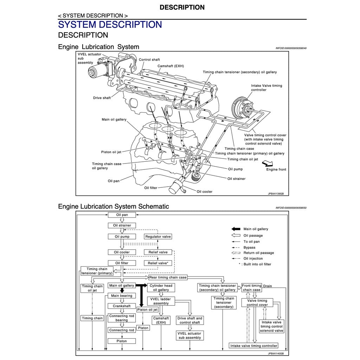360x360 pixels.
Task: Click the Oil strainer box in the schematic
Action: tap(122, 225)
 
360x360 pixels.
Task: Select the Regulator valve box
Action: tap(158, 237)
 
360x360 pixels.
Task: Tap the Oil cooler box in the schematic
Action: tap(122, 252)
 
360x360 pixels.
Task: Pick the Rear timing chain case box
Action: tap(168, 277)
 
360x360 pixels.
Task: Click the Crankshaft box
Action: tap(122, 306)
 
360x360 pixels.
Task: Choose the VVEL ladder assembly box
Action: tap(161, 301)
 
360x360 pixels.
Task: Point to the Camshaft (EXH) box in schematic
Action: tap(161, 320)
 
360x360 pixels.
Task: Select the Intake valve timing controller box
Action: tap(254, 346)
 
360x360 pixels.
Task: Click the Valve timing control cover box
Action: tap(257, 303)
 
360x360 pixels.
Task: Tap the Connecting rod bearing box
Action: tap(122, 318)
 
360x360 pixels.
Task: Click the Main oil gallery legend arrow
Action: tap(236, 229)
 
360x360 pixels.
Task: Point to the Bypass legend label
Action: tap(249, 247)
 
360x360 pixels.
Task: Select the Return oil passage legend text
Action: tap(258, 253)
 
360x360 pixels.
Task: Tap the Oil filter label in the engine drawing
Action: tap(151, 188)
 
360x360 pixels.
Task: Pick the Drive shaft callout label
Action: tap(102, 98)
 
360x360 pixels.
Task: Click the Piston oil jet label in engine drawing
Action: tap(111, 152)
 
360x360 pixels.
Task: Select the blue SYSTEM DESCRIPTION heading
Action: tap(110, 25)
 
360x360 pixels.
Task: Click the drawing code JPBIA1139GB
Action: tap(275, 194)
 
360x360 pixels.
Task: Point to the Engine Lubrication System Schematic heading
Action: tap(114, 206)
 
